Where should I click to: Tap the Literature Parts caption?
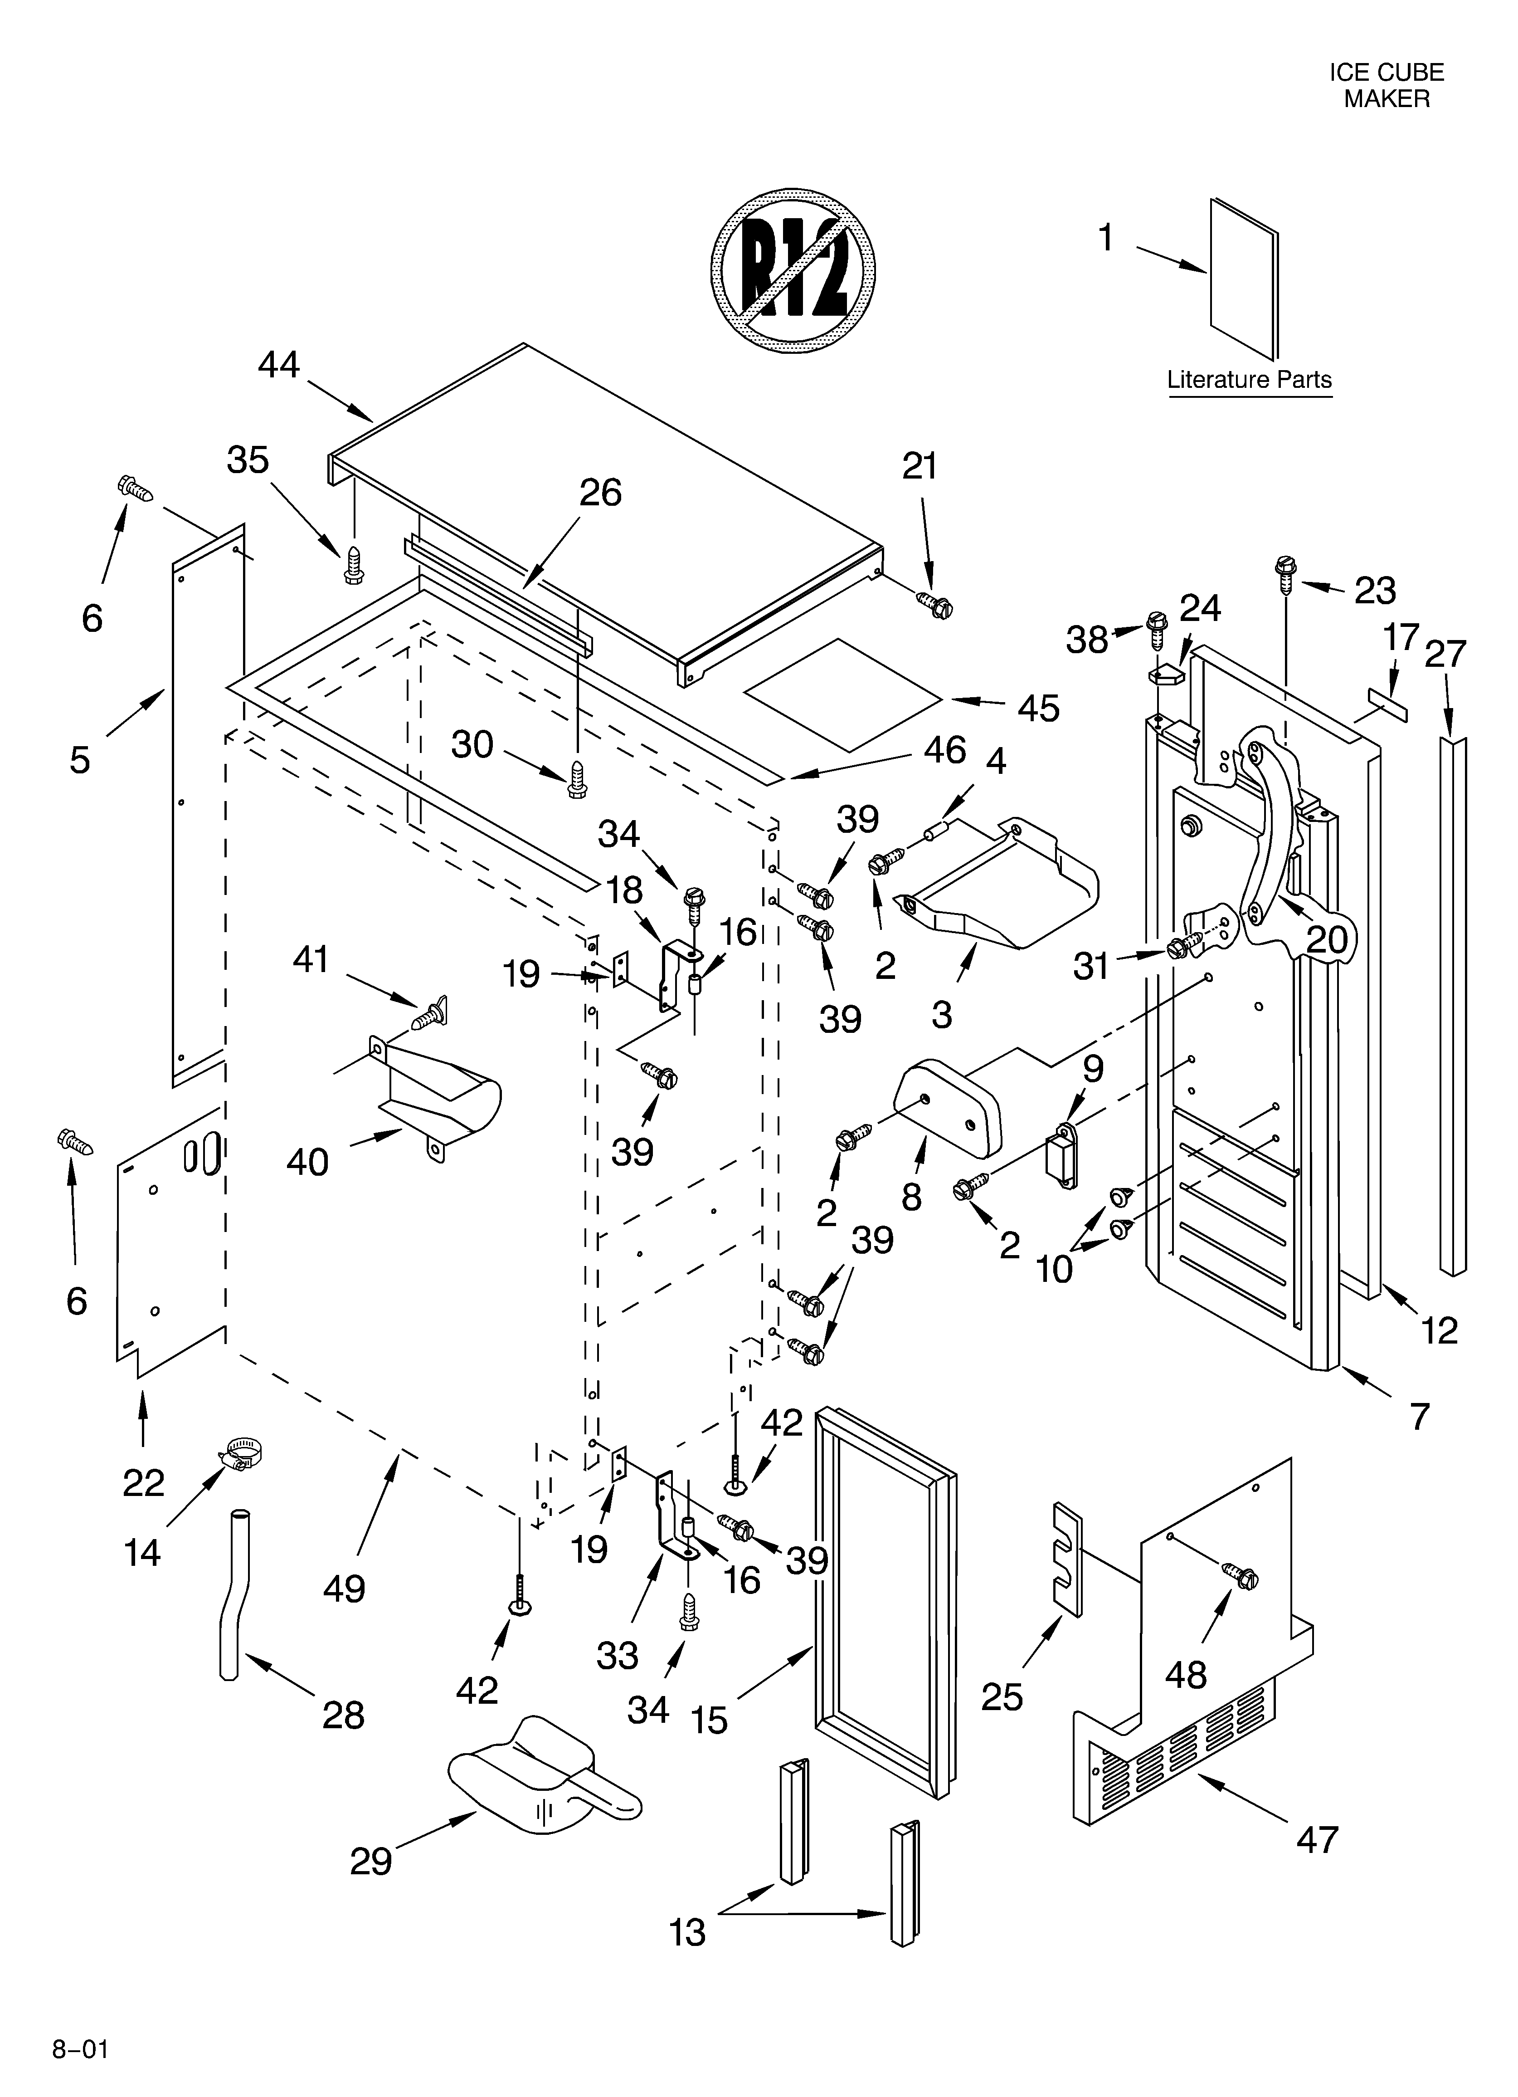[1249, 379]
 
